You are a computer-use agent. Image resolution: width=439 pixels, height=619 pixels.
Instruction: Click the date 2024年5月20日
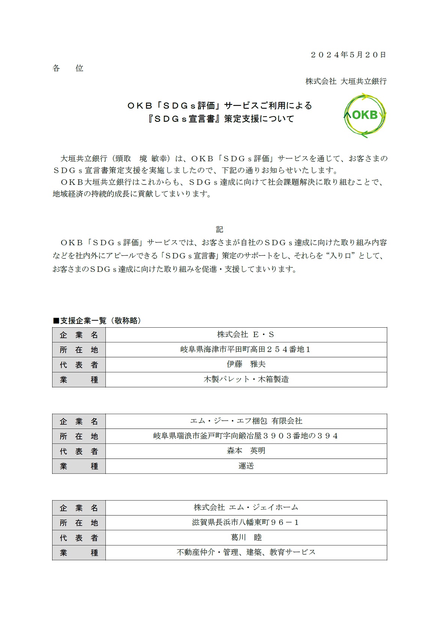point(348,55)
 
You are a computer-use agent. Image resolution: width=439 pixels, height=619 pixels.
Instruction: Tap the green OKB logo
point(365,115)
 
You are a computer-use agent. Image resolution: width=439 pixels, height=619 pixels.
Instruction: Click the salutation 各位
point(68,68)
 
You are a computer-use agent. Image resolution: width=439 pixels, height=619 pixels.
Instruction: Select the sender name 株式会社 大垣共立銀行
point(346,81)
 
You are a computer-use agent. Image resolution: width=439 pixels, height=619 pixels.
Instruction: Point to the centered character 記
point(219,229)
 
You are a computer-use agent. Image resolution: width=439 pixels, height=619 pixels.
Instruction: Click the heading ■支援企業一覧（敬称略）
point(98,321)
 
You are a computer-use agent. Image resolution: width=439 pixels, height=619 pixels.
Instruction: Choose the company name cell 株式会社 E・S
point(246,334)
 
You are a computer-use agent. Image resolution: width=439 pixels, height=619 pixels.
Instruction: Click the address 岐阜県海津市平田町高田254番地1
point(246,349)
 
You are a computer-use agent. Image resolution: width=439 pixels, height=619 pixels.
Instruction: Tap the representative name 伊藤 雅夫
point(246,364)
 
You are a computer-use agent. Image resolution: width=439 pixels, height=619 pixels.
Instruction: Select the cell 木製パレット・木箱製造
point(246,379)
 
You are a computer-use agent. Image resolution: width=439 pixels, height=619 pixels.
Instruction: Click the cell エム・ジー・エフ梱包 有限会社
point(246,421)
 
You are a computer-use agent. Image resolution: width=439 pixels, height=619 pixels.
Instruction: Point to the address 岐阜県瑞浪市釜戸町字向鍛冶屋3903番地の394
point(246,436)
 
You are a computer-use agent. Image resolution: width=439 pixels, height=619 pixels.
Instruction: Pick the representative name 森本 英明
point(246,451)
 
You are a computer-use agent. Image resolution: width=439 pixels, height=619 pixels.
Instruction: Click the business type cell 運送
point(246,466)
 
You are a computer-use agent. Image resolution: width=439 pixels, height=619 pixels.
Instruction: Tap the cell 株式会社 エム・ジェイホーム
point(246,508)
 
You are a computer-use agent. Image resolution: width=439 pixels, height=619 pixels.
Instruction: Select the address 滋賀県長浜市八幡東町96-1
point(246,523)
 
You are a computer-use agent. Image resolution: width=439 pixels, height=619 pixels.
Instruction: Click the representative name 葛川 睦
point(246,538)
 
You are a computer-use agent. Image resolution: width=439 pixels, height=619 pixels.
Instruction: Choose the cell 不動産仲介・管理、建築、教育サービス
point(246,553)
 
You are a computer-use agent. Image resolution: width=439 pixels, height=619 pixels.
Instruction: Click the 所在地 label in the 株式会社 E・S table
point(79,350)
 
